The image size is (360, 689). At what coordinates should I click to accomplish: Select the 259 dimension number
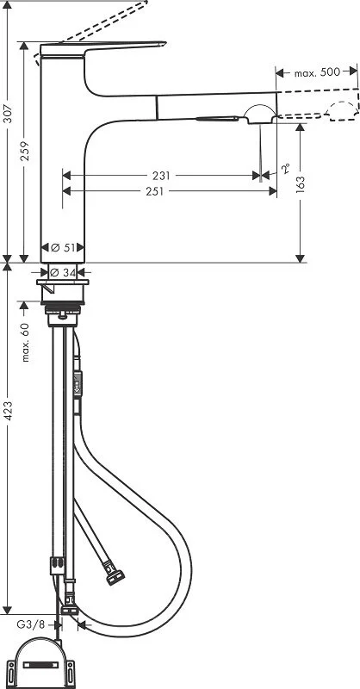[x=27, y=152]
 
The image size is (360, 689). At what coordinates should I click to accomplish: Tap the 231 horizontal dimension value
[x=160, y=176]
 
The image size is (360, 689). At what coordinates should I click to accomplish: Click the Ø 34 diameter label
[x=65, y=272]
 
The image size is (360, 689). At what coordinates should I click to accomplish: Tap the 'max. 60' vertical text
[x=25, y=341]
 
